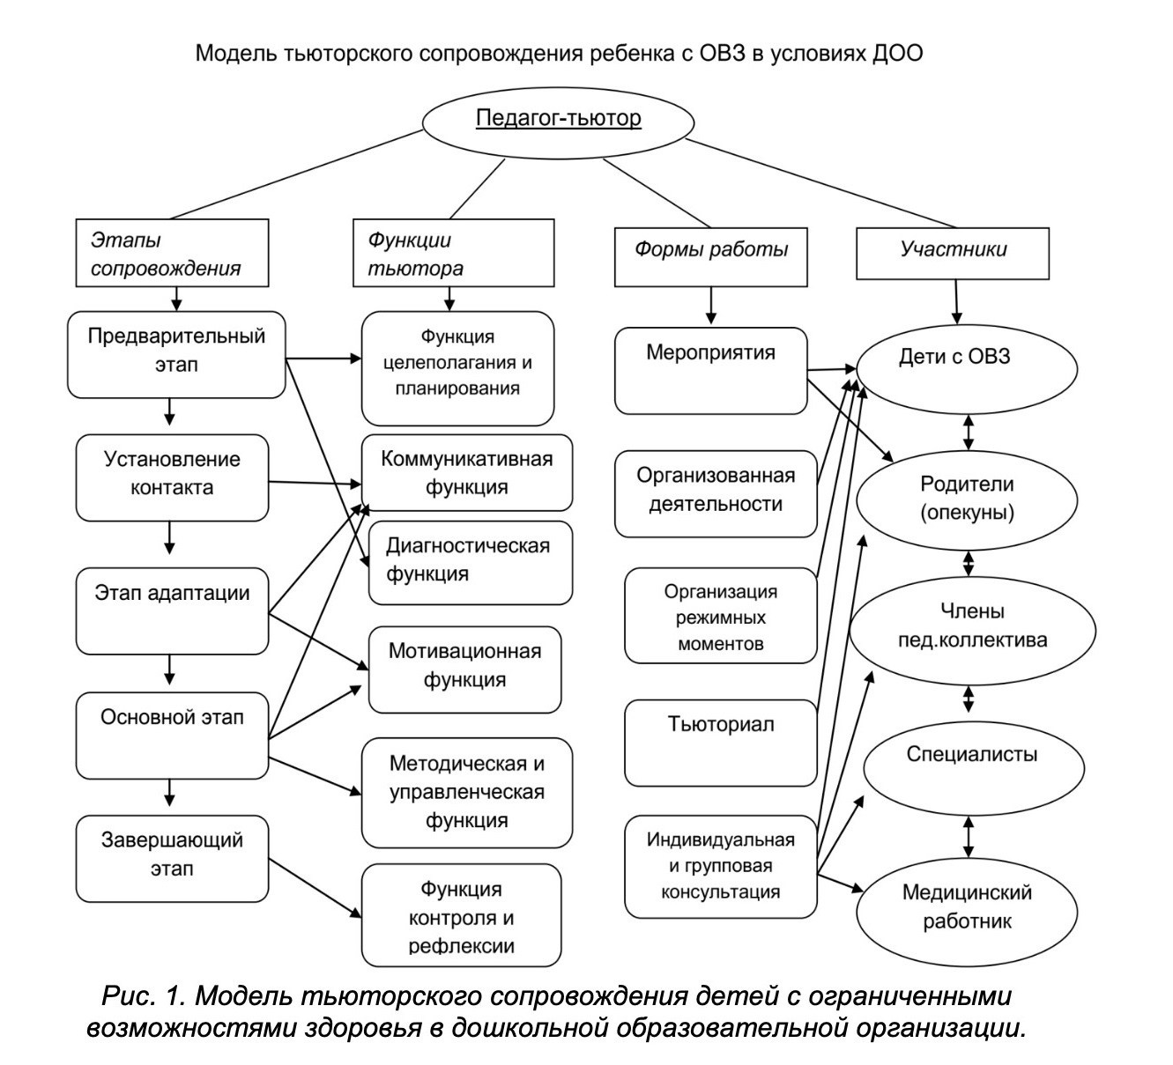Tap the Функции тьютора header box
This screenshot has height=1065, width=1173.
click(453, 254)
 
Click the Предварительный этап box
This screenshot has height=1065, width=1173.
click(176, 351)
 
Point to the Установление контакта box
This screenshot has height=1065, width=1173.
click(172, 476)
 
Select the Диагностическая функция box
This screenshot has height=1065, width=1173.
click(469, 562)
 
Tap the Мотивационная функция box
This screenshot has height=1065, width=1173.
click(464, 669)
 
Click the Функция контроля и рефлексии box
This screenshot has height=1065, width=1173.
click(461, 916)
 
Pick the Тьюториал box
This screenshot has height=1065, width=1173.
click(720, 742)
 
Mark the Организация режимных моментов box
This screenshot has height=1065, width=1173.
click(720, 617)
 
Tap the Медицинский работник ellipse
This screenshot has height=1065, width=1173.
click(967, 906)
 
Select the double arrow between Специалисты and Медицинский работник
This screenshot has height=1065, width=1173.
click(969, 836)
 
